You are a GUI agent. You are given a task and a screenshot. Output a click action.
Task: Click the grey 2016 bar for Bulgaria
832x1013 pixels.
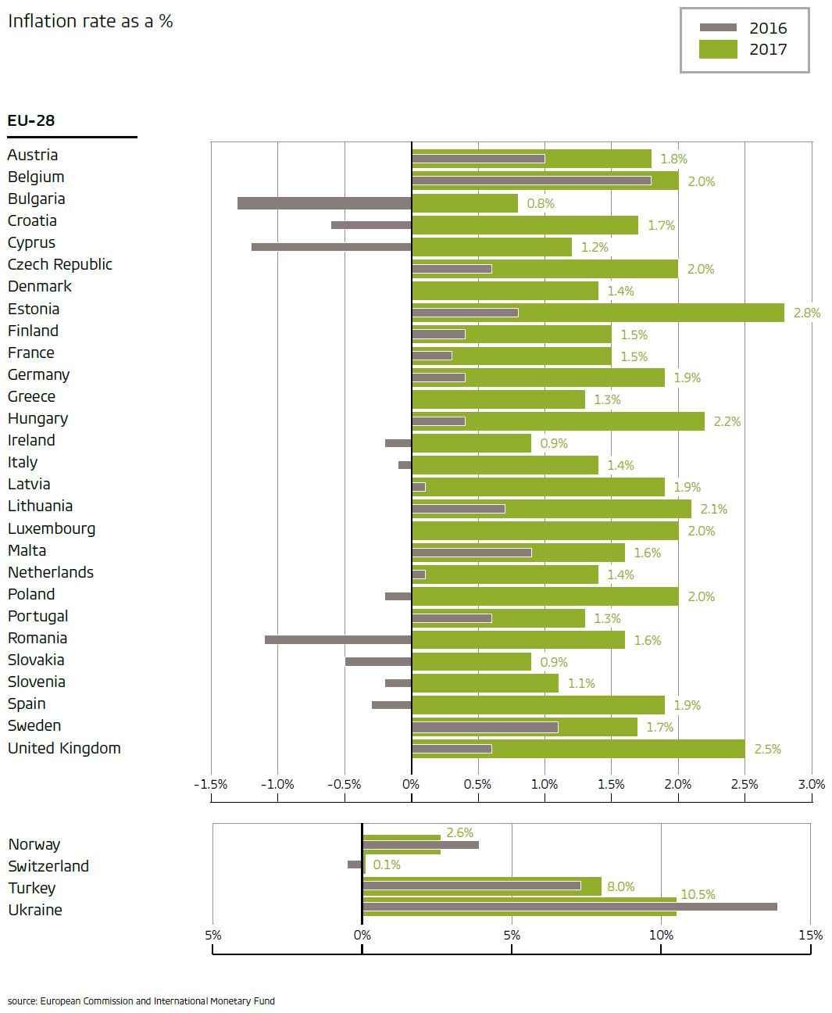324,203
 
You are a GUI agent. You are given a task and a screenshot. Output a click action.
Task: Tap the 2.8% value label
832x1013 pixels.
806,313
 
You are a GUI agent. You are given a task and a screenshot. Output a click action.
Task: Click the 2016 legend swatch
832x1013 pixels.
718,28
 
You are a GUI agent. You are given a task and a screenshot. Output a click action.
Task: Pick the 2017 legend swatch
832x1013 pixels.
718,49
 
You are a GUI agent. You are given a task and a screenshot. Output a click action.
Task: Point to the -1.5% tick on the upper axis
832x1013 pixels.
210,784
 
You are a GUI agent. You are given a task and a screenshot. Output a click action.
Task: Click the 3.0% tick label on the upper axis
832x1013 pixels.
812,784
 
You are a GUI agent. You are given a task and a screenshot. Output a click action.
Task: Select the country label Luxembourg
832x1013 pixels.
52,528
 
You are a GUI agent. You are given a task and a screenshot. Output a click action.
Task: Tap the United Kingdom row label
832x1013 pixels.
64,748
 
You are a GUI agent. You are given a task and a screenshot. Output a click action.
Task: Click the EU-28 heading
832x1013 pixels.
31,120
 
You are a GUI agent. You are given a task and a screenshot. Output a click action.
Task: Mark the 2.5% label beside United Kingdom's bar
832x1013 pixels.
767,749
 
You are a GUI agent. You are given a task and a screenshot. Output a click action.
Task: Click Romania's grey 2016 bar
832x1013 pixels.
337,639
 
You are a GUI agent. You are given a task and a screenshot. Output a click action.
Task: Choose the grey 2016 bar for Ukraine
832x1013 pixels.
570,907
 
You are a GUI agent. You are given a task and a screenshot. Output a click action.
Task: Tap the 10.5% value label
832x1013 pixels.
698,894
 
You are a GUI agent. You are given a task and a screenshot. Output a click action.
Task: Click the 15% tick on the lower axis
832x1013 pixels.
810,935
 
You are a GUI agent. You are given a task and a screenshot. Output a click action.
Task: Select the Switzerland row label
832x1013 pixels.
48,866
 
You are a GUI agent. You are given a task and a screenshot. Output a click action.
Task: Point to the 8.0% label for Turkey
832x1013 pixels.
620,886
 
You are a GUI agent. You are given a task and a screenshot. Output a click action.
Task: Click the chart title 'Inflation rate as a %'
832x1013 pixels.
90,21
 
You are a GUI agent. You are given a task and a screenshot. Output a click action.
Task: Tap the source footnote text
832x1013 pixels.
141,1000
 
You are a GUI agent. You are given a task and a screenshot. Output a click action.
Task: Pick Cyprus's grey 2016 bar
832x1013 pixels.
331,247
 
